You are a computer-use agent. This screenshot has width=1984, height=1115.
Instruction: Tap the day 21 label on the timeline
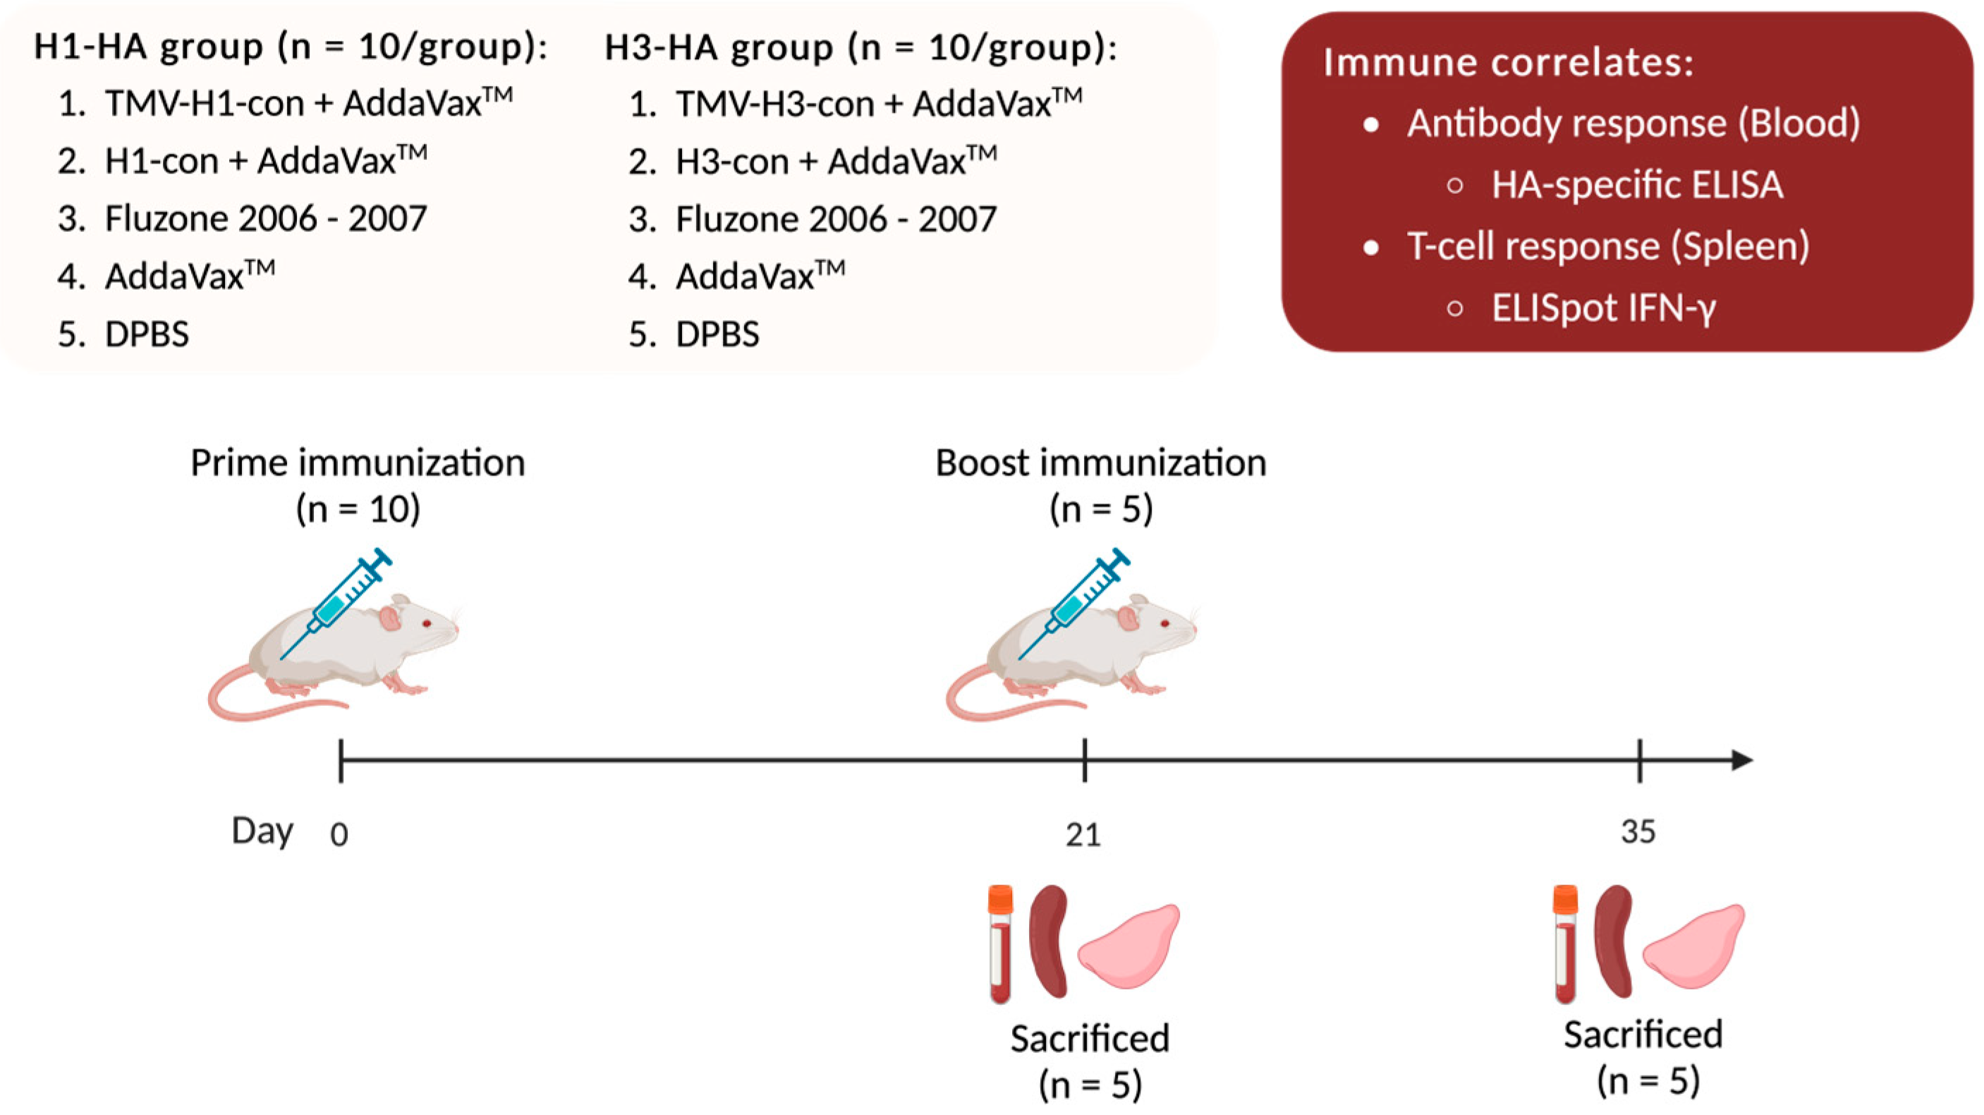click(x=1083, y=834)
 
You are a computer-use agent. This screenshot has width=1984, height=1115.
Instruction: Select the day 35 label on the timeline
click(x=1638, y=831)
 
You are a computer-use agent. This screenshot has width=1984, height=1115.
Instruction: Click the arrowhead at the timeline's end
click(x=1742, y=760)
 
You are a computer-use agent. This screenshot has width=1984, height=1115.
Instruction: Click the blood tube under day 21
click(x=999, y=944)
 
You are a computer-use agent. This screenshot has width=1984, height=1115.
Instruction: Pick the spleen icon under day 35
click(x=1614, y=941)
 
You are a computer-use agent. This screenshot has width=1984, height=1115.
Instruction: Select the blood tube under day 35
click(x=1565, y=944)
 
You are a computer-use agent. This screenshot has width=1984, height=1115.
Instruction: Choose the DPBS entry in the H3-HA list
click(x=717, y=334)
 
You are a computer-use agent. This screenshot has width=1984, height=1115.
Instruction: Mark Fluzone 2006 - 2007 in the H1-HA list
click(x=265, y=219)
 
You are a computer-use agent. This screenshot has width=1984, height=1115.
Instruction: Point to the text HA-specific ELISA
click(x=1637, y=185)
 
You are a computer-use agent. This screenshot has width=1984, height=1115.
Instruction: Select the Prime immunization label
click(x=358, y=463)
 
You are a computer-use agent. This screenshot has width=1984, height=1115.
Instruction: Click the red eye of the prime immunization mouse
click(x=426, y=623)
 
